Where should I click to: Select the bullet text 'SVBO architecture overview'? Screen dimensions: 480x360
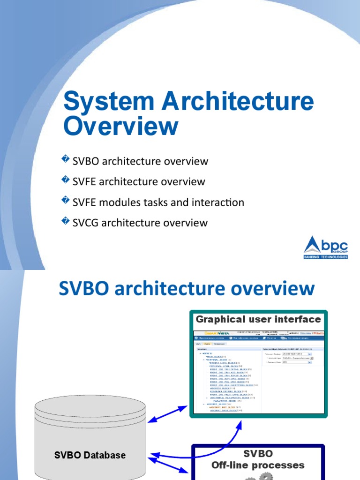[x=140, y=161]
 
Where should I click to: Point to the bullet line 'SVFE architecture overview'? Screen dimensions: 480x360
[x=139, y=181]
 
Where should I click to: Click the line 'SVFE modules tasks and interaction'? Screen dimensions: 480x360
[x=158, y=202]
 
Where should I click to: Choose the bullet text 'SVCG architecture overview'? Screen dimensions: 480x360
[x=140, y=223]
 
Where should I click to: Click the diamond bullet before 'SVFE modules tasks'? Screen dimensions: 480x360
[x=66, y=201]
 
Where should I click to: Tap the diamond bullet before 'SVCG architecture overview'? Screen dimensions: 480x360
[x=66, y=221]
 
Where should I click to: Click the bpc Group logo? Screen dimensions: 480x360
[x=326, y=245]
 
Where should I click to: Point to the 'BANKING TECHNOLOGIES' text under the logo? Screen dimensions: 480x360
[x=326, y=257]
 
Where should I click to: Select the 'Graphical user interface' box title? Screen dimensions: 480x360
[x=258, y=320]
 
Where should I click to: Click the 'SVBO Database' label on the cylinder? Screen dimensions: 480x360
[x=90, y=455]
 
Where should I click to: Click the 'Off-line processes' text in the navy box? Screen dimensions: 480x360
[x=258, y=465]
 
